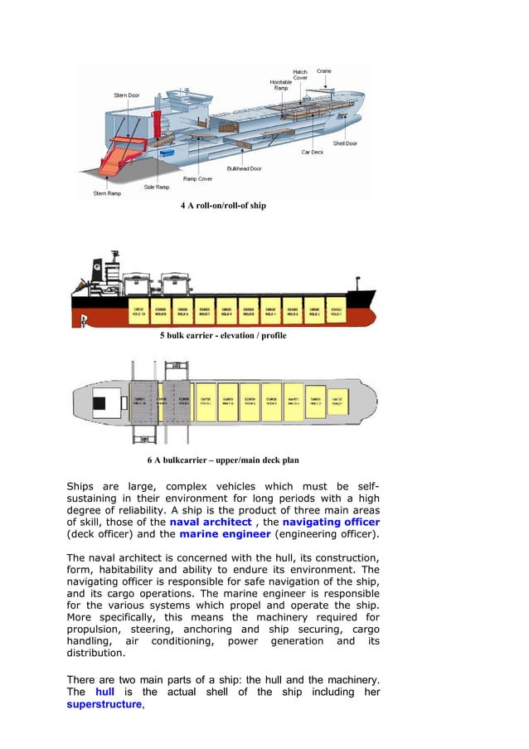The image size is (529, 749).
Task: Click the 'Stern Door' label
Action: tap(127, 95)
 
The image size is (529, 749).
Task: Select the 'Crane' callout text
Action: tap(323, 71)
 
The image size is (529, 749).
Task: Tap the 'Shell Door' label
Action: tap(345, 143)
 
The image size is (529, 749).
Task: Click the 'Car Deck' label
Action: tap(312, 152)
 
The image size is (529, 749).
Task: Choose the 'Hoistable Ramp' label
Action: tap(281, 85)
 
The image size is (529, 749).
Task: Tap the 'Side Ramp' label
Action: tap(157, 187)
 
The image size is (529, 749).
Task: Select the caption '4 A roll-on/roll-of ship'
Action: tap(223, 205)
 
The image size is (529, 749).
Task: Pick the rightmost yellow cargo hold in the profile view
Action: tap(335, 309)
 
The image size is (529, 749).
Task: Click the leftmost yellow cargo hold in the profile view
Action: tap(138, 309)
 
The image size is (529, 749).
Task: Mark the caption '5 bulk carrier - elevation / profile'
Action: tap(223, 336)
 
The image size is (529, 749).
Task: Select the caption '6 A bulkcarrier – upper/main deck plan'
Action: tap(223, 460)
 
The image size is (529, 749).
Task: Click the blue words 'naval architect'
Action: tap(211, 523)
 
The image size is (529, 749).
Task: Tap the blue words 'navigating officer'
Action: tap(331, 523)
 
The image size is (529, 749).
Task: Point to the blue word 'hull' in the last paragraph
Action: tap(104, 692)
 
